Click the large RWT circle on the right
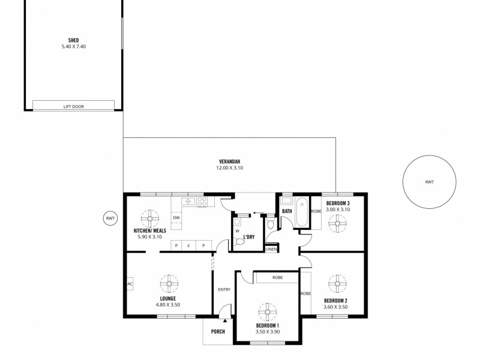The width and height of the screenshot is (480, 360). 428,181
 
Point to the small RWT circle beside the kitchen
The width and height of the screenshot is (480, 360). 110,218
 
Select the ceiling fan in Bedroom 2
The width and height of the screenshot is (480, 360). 337,283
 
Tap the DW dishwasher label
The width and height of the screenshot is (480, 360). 176,218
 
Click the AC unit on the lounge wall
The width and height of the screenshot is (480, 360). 130,283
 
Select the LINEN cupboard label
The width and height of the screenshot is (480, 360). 271,248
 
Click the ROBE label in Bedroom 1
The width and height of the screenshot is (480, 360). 277,278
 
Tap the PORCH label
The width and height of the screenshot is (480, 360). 218,331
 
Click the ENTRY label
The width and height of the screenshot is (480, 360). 224,290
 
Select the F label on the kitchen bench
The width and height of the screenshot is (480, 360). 189,245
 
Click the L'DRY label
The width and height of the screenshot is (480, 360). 248,237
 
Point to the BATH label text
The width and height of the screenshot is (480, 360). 287,211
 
